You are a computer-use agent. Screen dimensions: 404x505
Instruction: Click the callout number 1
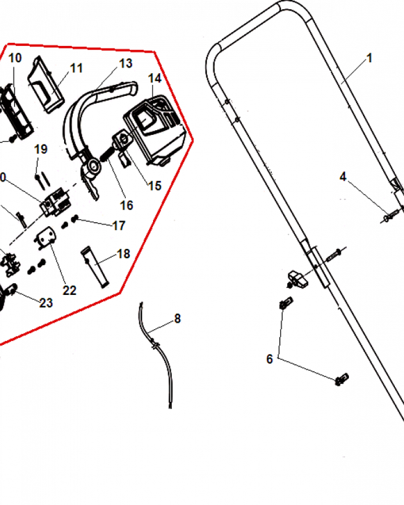tap(370, 58)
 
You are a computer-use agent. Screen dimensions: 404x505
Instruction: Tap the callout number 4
tap(343, 177)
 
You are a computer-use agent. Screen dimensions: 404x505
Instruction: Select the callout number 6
tap(270, 359)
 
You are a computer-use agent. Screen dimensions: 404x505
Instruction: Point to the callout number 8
tap(178, 319)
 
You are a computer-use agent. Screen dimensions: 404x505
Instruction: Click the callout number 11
tap(76, 68)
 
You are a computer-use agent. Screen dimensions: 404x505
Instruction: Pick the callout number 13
tap(126, 64)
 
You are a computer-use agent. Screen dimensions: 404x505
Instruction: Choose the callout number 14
tap(155, 78)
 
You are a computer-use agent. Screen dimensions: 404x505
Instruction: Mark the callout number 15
tap(155, 185)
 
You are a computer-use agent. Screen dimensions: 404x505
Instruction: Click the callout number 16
tap(126, 206)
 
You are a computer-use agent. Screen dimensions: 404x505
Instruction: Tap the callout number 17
tap(119, 226)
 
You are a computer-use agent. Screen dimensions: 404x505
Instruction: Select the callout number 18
tap(123, 254)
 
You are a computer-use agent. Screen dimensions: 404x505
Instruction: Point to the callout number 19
tap(41, 149)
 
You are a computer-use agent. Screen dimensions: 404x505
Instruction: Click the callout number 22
tap(69, 290)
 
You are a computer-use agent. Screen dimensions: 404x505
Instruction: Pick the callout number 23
tap(46, 302)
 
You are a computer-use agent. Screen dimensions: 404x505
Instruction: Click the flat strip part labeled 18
tap(95, 267)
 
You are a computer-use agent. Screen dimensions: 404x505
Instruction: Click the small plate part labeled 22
tap(46, 239)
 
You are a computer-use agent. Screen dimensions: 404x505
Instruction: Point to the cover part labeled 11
tap(46, 84)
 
